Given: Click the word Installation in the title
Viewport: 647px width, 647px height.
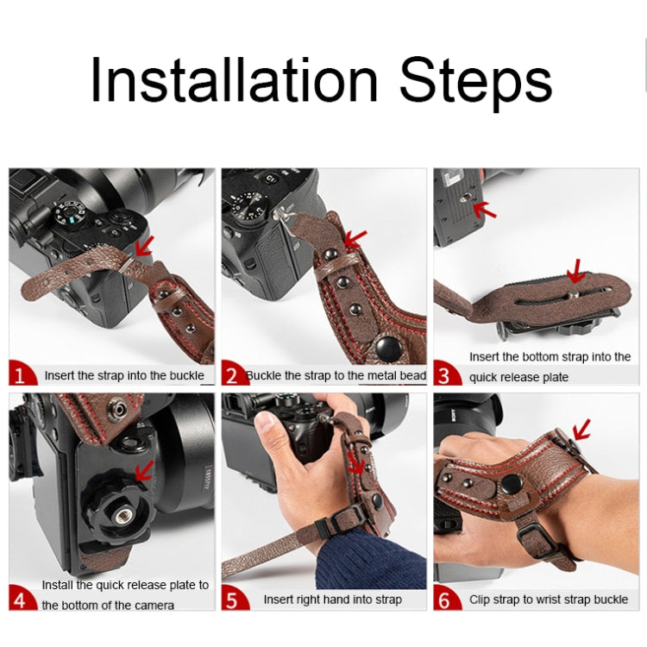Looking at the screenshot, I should (235, 80).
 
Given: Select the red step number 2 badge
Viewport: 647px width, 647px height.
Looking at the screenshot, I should (232, 374).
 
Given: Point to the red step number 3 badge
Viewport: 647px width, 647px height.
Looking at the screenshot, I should (445, 374).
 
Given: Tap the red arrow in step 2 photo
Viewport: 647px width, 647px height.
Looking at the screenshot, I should (355, 237).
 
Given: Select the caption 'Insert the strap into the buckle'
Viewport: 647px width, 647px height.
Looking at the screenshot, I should (124, 375).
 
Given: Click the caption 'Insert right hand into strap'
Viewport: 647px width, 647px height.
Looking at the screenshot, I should (332, 600).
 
